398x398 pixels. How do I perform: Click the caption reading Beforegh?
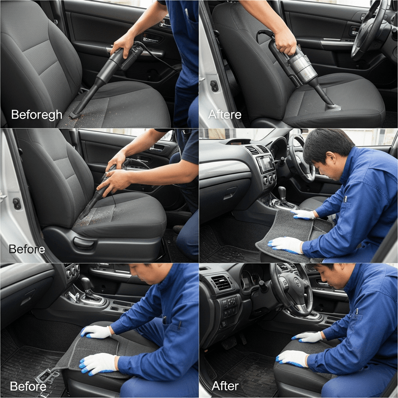[37, 115]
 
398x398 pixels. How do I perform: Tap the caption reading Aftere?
[225, 115]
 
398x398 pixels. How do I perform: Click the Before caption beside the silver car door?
[27, 249]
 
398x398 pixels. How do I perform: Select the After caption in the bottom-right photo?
[225, 386]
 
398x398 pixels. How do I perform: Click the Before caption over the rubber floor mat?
[28, 386]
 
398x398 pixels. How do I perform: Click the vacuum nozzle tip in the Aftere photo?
[333, 107]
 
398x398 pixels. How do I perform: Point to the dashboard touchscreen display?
[265, 165]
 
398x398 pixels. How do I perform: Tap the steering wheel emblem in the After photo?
[297, 282]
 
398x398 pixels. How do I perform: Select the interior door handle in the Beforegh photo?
[152, 40]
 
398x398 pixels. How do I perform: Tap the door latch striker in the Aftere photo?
[214, 86]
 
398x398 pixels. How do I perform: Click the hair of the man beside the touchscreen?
[327, 145]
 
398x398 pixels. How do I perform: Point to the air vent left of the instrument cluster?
[221, 283]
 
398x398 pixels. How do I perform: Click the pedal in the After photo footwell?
[229, 345]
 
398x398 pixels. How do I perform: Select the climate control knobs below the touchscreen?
[270, 180]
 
